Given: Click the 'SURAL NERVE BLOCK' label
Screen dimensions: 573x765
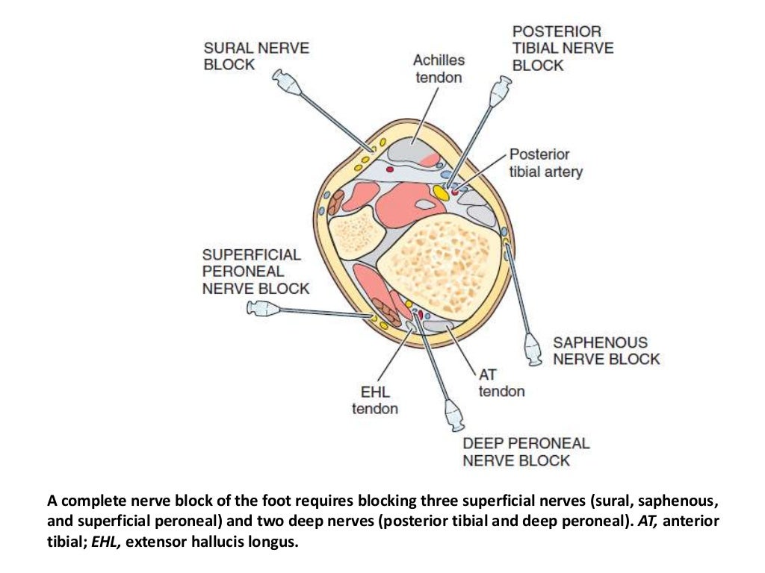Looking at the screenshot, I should coord(255,56).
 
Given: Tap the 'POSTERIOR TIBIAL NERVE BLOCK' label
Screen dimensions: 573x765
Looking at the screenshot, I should coord(563,48).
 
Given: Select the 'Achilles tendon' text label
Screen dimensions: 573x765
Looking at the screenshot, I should coord(439,69).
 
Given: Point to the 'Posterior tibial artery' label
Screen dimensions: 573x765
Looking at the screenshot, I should coord(545,163).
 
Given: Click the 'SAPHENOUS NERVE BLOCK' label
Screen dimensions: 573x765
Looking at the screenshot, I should coord(606,351).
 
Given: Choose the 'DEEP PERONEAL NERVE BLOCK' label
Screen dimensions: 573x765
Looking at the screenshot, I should coord(526,451).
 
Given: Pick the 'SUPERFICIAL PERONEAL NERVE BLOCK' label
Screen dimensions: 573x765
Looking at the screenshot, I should coord(255,271).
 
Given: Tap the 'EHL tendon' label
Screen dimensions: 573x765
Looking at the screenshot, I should coord(375,400).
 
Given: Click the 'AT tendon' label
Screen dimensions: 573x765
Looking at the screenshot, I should coord(501,382).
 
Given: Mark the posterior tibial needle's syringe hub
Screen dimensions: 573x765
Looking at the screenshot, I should coord(498,94).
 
